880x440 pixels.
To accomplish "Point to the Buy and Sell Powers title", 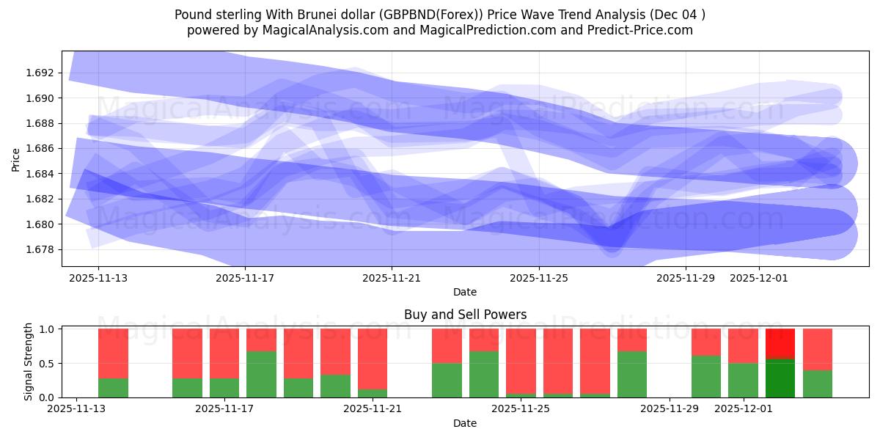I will [x=465, y=315].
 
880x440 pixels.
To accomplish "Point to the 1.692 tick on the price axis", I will [x=40, y=73].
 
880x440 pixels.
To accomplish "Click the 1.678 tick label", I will [x=40, y=249].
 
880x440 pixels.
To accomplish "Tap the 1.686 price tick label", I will [x=40, y=148].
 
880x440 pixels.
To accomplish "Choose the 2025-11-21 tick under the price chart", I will [x=392, y=278].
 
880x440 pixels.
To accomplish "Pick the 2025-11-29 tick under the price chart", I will [x=685, y=278].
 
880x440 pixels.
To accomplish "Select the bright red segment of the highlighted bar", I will [x=780, y=343].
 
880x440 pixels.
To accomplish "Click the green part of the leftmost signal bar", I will [x=113, y=387].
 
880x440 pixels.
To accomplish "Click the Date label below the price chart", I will [x=465, y=292].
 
